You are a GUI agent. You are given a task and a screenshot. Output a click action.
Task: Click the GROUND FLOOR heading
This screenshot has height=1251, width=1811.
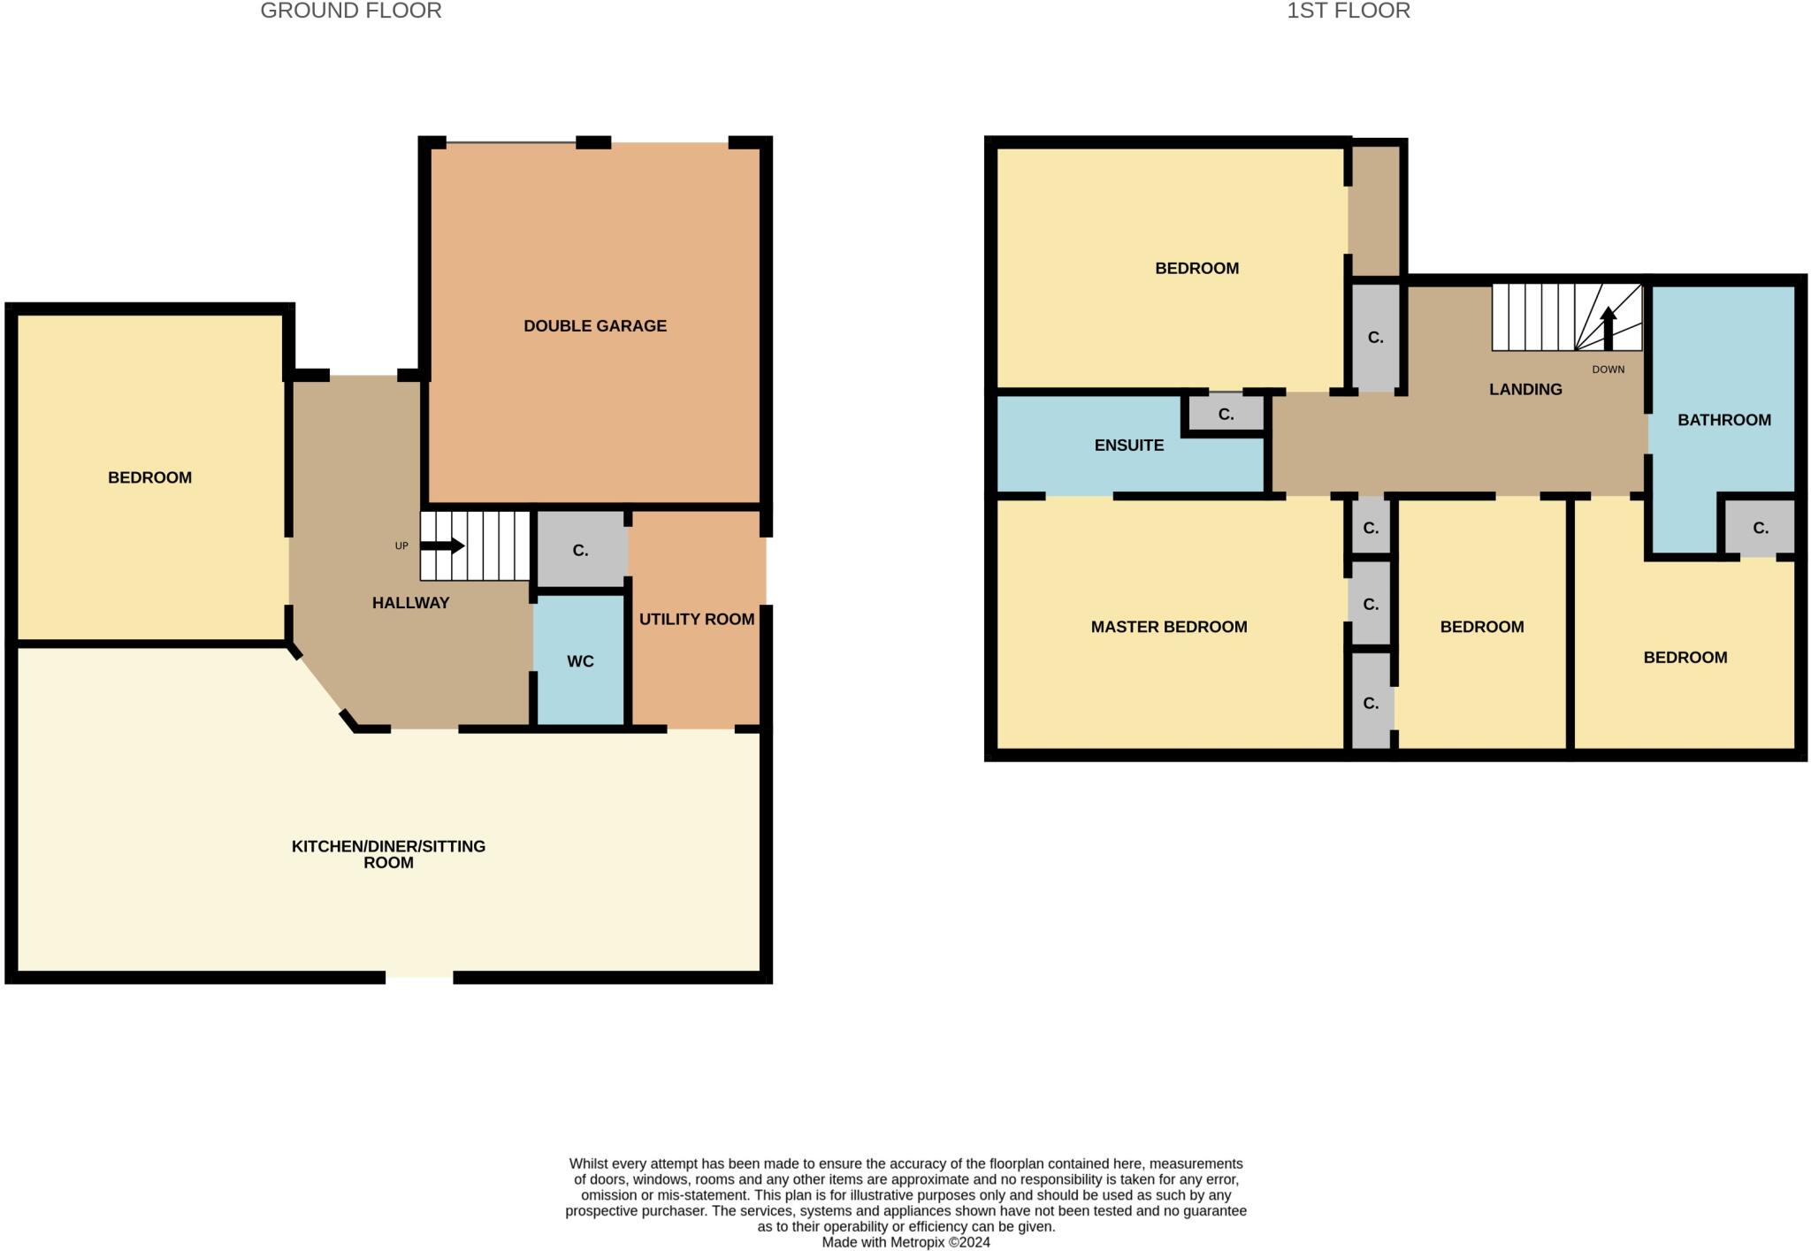351,11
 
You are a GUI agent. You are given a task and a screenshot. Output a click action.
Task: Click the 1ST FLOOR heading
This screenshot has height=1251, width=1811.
1348,11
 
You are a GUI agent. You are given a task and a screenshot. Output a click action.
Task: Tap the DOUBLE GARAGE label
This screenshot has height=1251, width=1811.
594,325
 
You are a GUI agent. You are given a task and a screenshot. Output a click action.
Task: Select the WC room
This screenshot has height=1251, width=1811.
580,660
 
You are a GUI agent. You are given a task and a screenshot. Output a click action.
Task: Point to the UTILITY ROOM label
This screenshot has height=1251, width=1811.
696,619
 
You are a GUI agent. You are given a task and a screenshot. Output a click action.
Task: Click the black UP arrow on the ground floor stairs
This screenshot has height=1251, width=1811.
442,545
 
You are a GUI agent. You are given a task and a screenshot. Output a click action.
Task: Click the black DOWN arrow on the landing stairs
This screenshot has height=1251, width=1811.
1608,328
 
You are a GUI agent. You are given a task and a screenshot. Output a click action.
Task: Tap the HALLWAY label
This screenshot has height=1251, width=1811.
410,603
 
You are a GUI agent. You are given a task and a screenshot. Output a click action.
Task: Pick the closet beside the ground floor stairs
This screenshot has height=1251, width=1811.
580,550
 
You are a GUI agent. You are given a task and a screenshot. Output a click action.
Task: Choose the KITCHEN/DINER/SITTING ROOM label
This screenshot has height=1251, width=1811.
388,854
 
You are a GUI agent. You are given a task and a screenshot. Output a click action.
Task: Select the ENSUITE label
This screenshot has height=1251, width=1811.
1128,445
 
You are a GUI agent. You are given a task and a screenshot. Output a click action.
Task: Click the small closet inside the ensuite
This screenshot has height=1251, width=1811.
1225,414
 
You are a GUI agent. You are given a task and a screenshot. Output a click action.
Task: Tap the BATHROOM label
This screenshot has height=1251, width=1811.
1723,420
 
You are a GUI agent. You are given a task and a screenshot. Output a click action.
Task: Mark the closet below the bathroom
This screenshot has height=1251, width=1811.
1760,528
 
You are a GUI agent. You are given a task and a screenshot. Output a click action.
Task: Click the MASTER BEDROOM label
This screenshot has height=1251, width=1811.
1168,627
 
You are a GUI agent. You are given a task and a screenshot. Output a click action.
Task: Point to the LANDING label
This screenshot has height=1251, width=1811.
1524,389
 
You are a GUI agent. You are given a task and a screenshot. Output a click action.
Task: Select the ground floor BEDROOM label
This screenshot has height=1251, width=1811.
149,477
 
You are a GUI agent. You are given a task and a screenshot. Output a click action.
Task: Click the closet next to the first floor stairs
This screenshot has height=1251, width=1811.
1374,337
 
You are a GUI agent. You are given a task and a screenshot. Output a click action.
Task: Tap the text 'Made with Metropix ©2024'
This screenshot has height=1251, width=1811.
905,1242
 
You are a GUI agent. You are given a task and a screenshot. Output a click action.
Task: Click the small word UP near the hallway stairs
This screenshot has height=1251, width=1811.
401,545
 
